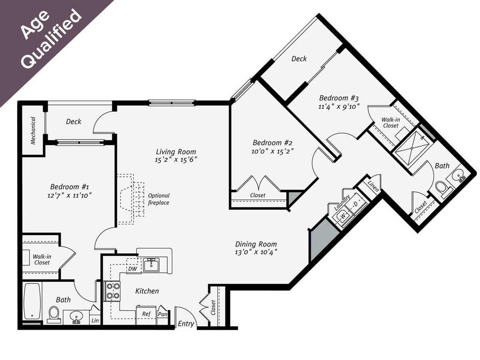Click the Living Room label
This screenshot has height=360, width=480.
[176, 151]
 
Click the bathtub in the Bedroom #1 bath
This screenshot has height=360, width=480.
[32, 301]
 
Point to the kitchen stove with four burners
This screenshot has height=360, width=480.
[113, 291]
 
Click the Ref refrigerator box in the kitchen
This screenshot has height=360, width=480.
[146, 314]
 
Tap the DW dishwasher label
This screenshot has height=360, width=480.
[132, 269]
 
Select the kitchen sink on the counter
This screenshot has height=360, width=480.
[151, 265]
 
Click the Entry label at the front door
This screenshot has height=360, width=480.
[186, 324]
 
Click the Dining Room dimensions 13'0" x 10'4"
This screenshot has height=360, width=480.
[256, 252]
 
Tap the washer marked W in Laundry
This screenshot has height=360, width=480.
[343, 217]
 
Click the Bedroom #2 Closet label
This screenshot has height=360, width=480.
[258, 195]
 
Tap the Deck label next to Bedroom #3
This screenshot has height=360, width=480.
[299, 59]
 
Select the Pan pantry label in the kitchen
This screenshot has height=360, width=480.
[162, 314]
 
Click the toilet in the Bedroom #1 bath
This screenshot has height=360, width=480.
[54, 312]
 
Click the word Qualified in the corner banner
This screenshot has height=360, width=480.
[52, 39]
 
